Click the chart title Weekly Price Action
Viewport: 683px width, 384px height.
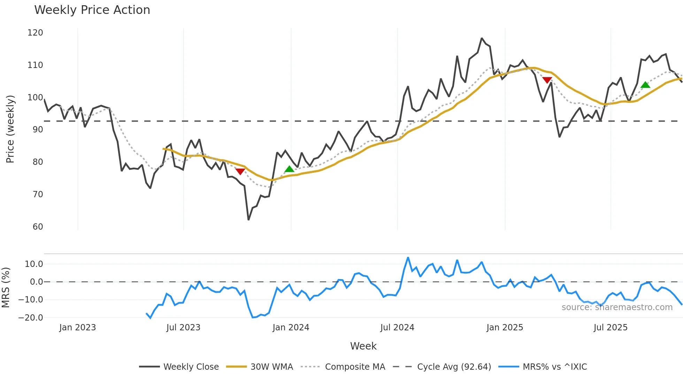(92, 10)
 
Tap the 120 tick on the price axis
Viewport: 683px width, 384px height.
(35, 33)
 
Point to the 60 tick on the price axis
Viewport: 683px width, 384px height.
(38, 227)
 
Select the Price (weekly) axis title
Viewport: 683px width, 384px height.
(10, 129)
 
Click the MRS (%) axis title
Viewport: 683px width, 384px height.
(6, 287)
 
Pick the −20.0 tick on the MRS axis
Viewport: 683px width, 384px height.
(31, 318)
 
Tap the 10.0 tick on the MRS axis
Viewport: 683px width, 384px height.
(34, 264)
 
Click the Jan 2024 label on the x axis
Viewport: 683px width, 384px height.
(291, 328)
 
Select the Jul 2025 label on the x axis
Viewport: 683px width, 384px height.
(611, 328)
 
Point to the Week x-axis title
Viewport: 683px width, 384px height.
(363, 346)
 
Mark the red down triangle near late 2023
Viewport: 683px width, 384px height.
(240, 171)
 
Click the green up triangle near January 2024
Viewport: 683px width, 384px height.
(289, 169)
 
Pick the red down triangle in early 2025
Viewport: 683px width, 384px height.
(547, 80)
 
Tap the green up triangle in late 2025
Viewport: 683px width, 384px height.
(645, 85)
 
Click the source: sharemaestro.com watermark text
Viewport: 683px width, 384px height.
(617, 307)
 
